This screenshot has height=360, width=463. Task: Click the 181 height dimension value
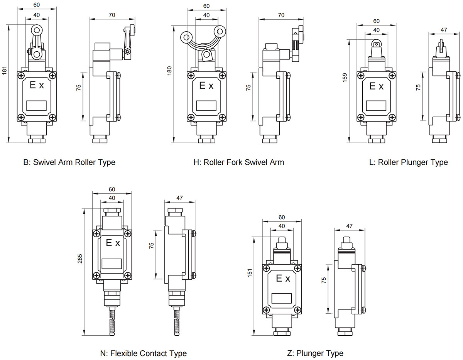pyautogui.click(x=5, y=71)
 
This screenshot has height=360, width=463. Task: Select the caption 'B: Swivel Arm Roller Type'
pyautogui.click(x=69, y=162)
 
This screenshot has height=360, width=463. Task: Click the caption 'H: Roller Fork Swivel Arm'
pyautogui.click(x=238, y=162)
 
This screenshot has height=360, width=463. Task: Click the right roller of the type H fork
pyautogui.click(x=221, y=32)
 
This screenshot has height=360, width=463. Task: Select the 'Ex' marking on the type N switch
pyautogui.click(x=113, y=243)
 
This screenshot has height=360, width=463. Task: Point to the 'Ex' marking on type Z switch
pyautogui.click(x=283, y=279)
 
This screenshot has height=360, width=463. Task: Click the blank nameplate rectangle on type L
pyautogui.click(x=376, y=105)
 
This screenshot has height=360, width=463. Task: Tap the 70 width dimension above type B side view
pyautogui.click(x=112, y=15)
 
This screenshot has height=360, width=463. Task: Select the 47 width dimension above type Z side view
pyautogui.click(x=349, y=226)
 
